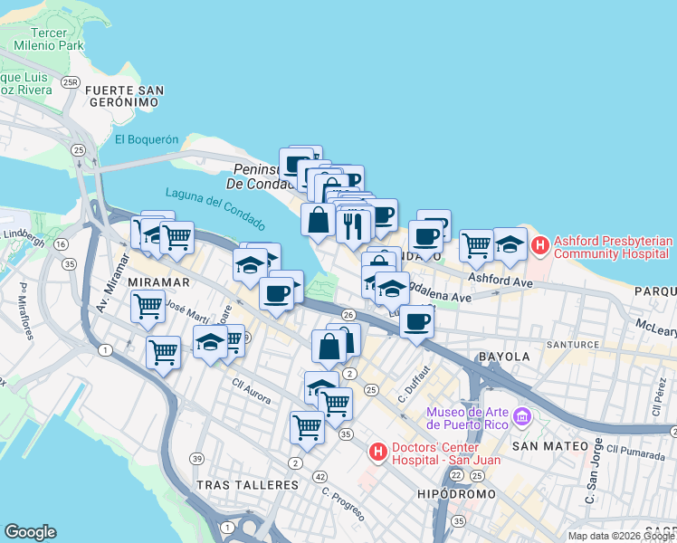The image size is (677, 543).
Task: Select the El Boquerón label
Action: [x=147, y=139]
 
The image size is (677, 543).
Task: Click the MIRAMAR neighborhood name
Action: [x=157, y=282]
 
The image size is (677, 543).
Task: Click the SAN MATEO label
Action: [x=544, y=446]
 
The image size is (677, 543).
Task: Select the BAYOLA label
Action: [x=504, y=357]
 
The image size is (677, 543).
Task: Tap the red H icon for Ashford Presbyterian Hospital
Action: [x=540, y=244]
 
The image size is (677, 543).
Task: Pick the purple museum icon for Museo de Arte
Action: [x=521, y=417]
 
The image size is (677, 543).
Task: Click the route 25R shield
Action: [x=71, y=82]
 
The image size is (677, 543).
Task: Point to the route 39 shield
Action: [x=196, y=460]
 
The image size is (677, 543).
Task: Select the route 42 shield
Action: [x=319, y=476]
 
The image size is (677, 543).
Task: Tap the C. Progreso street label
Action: [x=344, y=504]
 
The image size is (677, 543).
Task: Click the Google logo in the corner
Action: [x=30, y=532]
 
